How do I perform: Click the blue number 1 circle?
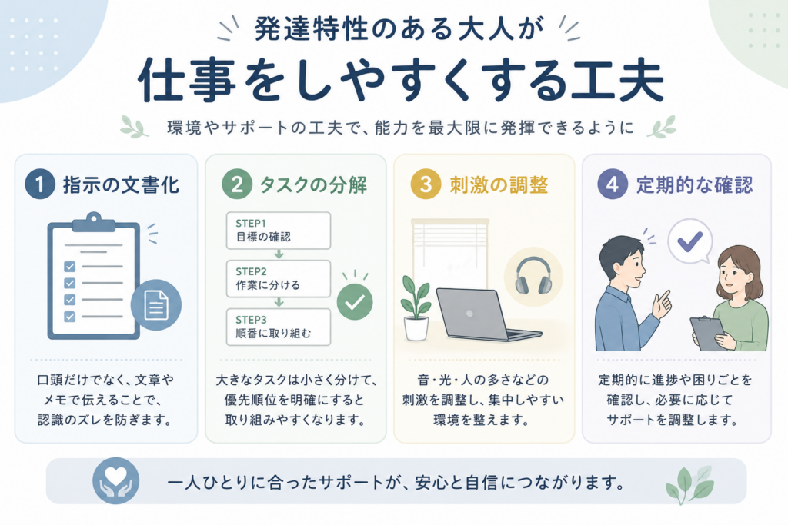coord(40,184)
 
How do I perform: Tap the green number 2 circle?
coord(237,184)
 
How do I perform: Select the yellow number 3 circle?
coord(425,184)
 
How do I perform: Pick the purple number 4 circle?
coord(612,184)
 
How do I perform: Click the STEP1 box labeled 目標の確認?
coord(279,231)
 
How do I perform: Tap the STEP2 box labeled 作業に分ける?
coord(279,278)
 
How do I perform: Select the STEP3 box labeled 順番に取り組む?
coord(279,327)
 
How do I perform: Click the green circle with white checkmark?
coord(355,301)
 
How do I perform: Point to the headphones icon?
coord(533,276)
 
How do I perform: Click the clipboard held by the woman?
coord(709,334)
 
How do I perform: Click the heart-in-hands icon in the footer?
coord(115,481)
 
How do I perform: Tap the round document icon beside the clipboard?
coord(155,304)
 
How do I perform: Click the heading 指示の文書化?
coord(121,185)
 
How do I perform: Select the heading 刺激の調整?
coord(499,185)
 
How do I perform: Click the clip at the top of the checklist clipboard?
coord(93,221)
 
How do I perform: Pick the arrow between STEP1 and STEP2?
coord(279,254)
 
